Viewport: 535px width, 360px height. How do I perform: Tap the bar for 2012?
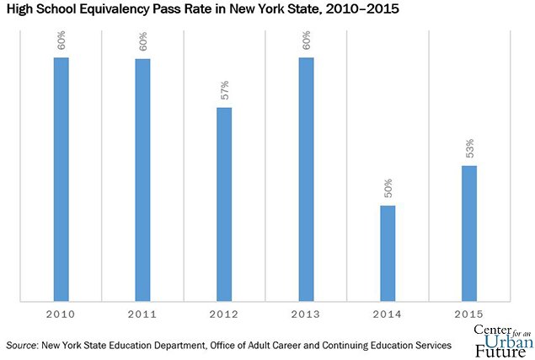point(224,203)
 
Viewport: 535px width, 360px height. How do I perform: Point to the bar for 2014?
point(388,252)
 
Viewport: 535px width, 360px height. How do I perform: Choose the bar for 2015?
point(469,233)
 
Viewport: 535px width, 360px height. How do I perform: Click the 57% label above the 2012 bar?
point(225,90)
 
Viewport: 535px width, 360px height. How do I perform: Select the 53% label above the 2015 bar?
point(470,148)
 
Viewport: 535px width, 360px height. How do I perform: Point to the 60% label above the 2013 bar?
point(307,40)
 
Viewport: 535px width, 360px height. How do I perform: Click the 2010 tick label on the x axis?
point(61,314)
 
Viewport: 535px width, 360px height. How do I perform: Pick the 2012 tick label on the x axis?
point(224,314)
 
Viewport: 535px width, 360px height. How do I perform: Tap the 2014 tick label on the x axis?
point(388,314)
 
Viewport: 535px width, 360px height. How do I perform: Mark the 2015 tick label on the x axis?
point(469,314)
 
